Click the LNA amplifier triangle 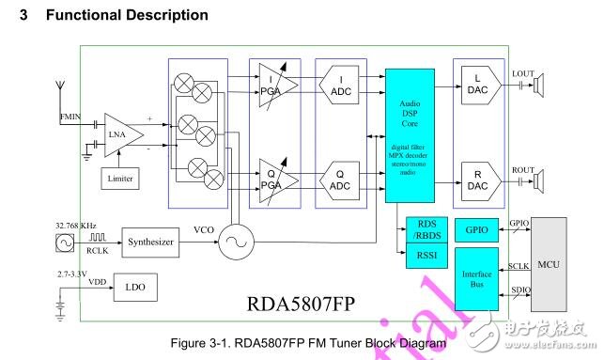click(121, 133)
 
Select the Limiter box click(121, 179)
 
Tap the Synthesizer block click(151, 242)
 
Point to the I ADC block click(342, 87)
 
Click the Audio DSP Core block click(410, 134)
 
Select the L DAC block click(479, 87)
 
